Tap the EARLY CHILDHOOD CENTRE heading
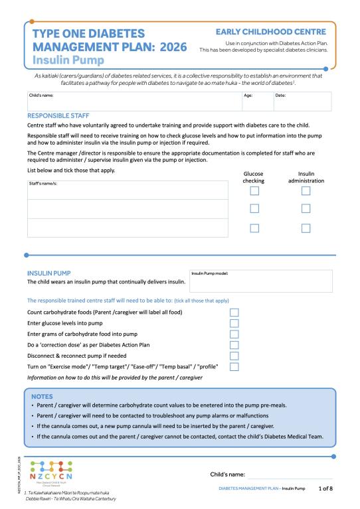click(271, 32)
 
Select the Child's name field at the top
click(134, 101)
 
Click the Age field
click(257, 101)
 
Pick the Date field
click(302, 101)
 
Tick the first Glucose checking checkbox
click(254, 191)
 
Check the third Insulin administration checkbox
click(306, 228)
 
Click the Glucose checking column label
click(254, 177)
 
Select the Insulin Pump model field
click(260, 281)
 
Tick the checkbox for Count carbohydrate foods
click(234, 312)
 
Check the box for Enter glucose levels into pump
click(234, 323)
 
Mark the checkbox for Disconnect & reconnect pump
click(234, 356)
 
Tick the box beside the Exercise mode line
click(234, 366)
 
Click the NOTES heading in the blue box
click(43, 396)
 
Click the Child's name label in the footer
click(228, 474)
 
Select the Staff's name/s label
click(43, 182)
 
